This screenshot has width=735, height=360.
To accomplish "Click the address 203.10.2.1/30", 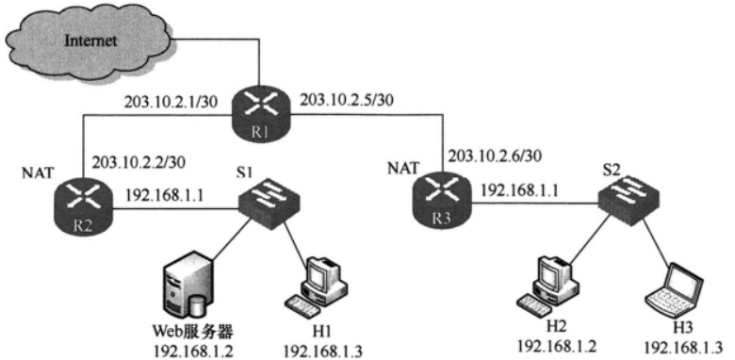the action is (171, 103).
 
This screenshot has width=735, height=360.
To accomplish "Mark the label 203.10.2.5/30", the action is (347, 100).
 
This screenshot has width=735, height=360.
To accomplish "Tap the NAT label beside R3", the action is (402, 167).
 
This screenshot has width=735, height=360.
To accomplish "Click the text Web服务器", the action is (192, 333).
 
